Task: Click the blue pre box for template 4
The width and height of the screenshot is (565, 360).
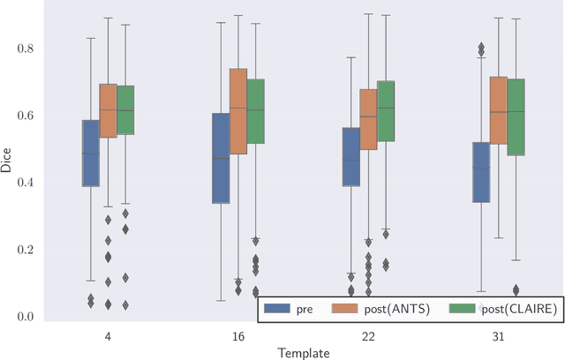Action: (90, 153)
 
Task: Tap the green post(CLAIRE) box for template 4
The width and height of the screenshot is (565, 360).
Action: (126, 110)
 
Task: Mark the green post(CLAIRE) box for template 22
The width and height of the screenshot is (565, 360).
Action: (386, 111)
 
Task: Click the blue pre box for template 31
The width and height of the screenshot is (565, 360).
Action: (481, 172)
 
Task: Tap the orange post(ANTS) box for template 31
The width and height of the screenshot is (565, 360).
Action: (499, 110)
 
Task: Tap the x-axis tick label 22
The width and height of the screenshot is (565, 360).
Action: (368, 335)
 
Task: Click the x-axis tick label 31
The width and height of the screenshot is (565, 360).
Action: (499, 335)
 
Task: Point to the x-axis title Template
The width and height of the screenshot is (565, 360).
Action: (304, 352)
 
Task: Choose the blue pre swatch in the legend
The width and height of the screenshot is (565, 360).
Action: (277, 310)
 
